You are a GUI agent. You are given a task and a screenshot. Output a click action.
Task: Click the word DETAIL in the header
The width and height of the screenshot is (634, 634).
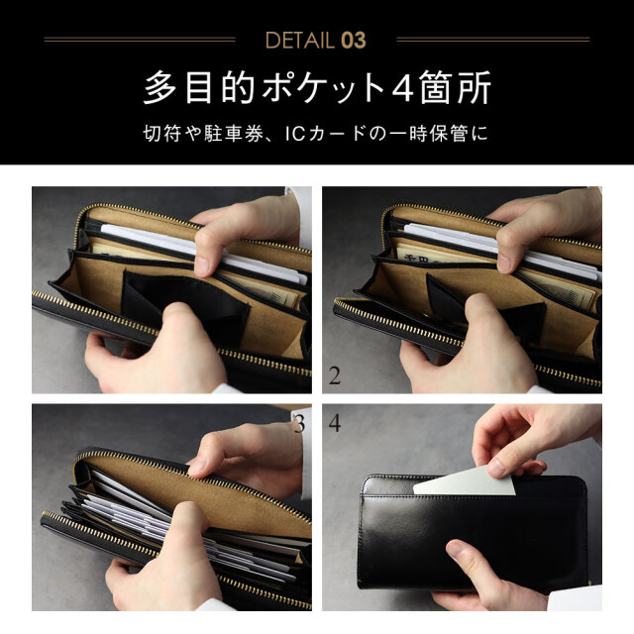coord(299,40)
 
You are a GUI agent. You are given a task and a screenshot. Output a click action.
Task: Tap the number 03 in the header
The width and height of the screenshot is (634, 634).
coord(354,40)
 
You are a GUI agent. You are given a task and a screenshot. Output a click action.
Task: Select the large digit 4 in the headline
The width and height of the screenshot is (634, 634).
coord(402,87)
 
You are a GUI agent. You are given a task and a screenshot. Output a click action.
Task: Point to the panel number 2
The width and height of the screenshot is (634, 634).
coord(335,375)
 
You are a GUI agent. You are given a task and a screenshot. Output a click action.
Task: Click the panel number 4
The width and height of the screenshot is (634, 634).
coord(335,423)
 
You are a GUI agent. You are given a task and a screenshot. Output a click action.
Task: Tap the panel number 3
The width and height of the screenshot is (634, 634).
coord(299,423)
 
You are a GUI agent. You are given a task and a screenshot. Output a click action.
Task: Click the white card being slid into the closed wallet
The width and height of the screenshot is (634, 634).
coord(464,481)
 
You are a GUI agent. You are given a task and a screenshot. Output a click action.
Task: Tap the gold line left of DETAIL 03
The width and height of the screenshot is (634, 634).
coord(140,40)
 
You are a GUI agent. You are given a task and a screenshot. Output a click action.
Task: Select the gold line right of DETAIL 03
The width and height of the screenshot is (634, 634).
coord(493,40)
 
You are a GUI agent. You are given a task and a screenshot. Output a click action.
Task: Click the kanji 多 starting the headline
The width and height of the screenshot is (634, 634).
coord(159,87)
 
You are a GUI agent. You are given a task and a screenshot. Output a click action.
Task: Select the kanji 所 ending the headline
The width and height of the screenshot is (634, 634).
coord(474,87)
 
